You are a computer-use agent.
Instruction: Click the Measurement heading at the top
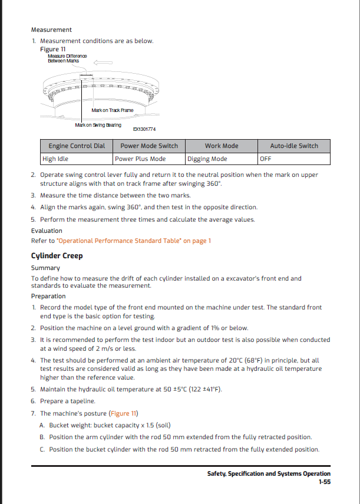point(51,29)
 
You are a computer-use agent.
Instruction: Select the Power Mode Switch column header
point(149,146)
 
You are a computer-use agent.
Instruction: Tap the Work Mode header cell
point(222,146)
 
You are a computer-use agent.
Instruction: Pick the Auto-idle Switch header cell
point(294,146)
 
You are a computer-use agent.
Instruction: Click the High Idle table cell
point(55,159)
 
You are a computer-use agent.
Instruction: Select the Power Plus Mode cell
point(140,159)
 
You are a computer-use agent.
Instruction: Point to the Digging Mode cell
point(207,159)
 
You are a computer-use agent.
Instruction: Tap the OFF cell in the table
point(265,159)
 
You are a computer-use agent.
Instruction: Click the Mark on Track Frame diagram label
point(113,110)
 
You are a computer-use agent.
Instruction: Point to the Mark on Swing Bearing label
point(98,125)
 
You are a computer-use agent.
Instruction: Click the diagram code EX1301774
point(144,129)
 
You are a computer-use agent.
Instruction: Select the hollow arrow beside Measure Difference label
point(103,61)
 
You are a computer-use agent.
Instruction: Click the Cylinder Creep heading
point(57,255)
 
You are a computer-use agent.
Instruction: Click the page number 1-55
point(323,482)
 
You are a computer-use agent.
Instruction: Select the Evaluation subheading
point(47,230)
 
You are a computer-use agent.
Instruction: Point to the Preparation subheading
point(48,296)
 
